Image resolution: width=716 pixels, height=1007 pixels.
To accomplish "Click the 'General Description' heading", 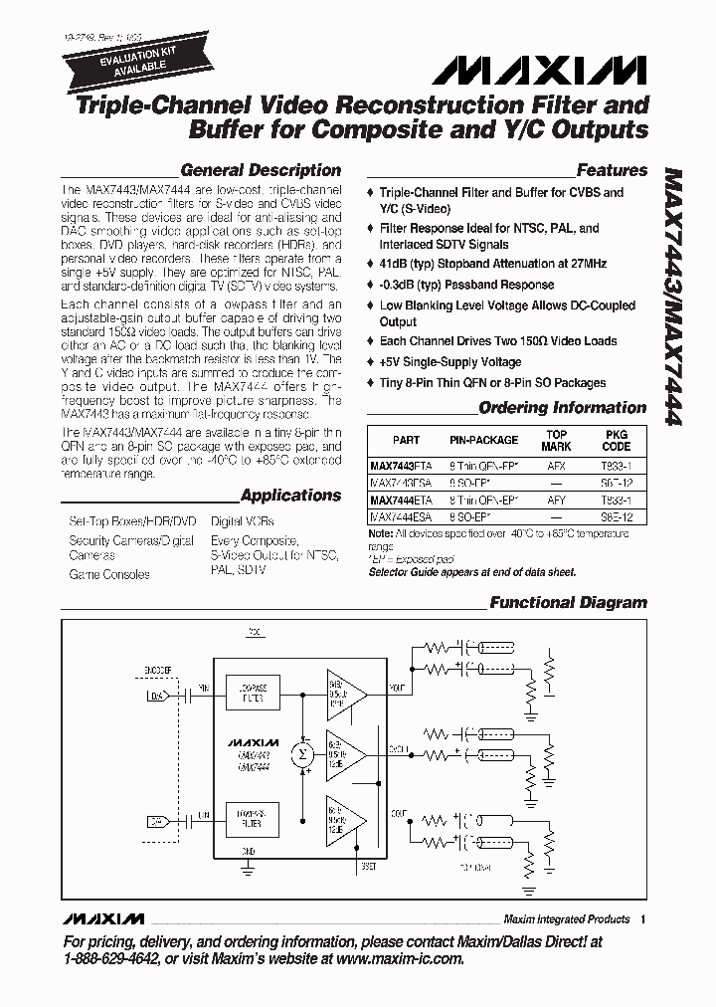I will pos(261,170).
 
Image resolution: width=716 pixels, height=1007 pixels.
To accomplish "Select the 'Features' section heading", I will pos(612,170).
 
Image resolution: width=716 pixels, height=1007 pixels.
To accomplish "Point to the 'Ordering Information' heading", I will pos(562,407).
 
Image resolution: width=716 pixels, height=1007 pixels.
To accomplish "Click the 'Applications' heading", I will pos(290,495).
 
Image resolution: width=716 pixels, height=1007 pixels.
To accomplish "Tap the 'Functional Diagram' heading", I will pos(568,602).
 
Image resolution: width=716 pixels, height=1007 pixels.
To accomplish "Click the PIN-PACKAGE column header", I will pos(484,440).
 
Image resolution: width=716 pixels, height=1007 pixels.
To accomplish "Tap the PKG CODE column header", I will pos(617,440).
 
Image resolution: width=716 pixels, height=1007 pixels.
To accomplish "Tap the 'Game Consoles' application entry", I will pos(109,574).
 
